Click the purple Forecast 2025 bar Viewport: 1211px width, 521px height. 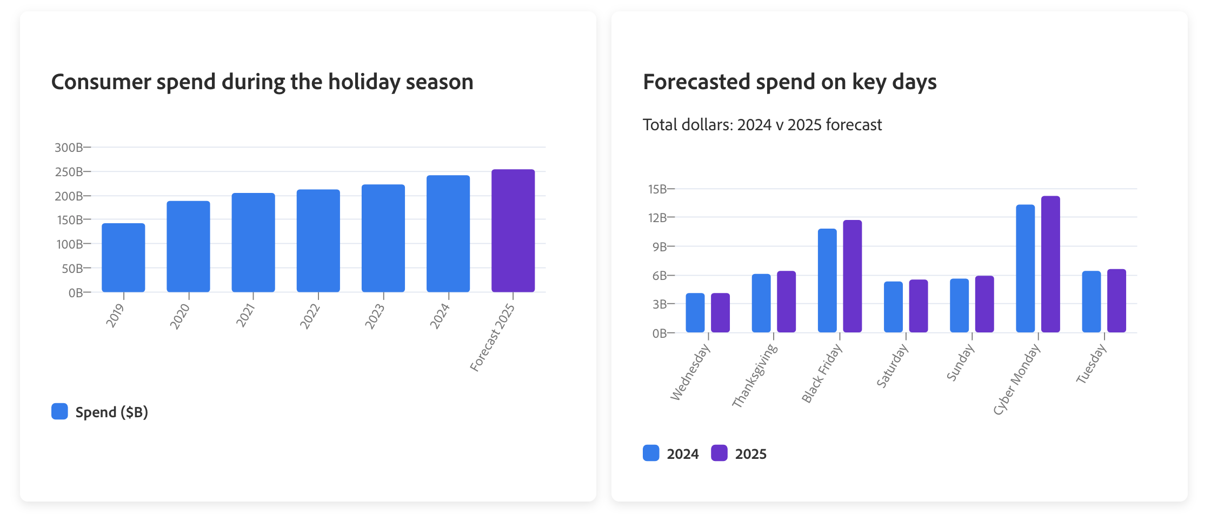click(513, 231)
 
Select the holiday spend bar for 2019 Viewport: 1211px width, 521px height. click(123, 258)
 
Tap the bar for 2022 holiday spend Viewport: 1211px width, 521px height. click(318, 241)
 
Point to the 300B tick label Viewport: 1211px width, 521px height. click(69, 148)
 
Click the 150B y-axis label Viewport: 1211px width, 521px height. click(70, 220)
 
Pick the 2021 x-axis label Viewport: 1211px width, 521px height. click(245, 315)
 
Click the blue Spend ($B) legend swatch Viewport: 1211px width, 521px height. click(59, 411)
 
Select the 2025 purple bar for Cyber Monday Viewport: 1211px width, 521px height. click(1050, 264)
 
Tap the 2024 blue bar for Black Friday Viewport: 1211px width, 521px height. click(827, 280)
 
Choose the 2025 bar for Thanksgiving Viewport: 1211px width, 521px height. click(786, 302)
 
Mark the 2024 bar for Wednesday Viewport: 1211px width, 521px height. click(695, 313)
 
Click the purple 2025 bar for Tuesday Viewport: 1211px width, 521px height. click(1116, 300)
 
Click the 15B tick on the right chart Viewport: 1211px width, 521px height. click(658, 189)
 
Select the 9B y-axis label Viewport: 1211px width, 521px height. click(660, 247)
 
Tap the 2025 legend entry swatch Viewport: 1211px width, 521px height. click(719, 453)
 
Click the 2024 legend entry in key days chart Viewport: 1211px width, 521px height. click(682, 454)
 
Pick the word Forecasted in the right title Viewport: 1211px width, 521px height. click(696, 82)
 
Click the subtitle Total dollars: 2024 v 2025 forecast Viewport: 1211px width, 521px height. click(762, 125)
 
